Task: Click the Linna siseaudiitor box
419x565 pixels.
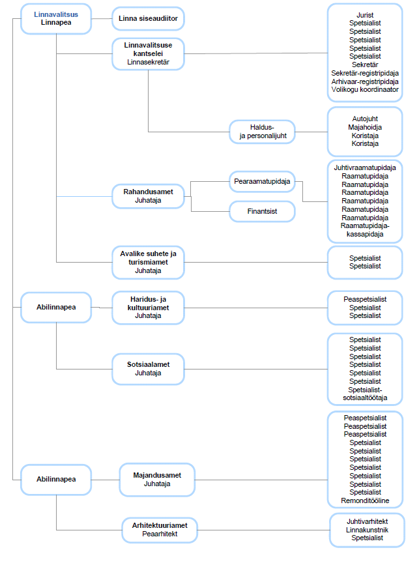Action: [148, 18]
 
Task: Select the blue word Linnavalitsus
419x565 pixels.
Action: [56, 14]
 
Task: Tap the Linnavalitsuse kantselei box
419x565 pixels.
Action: [148, 53]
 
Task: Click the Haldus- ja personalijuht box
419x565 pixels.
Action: [262, 132]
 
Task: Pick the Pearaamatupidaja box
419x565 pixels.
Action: [262, 181]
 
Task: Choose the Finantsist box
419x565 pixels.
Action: [262, 211]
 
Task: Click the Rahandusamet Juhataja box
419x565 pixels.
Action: [148, 196]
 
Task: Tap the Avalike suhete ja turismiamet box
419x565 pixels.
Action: [148, 263]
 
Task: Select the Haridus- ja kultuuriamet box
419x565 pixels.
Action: [148, 308]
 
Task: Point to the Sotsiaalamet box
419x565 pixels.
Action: [148, 369]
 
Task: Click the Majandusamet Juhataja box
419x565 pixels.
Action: [157, 480]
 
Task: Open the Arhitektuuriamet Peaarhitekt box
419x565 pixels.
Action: [160, 530]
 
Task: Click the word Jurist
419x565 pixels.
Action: [365, 15]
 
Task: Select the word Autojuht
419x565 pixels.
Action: [365, 119]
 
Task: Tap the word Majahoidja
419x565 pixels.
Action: [365, 127]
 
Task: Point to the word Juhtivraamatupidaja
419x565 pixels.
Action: [365, 167]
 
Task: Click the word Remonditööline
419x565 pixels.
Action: [365, 500]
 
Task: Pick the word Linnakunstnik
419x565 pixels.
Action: [367, 530]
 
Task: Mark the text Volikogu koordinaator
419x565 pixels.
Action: [365, 89]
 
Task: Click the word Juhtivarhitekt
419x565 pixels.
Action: [367, 521]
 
